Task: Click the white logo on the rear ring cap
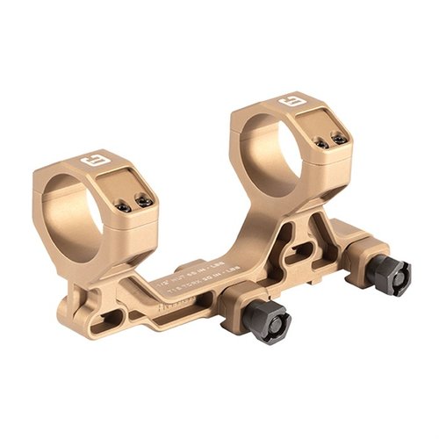pyautogui.click(x=290, y=104)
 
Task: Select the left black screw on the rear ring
pyautogui.click(x=321, y=143)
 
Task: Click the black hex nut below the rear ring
pyautogui.click(x=387, y=275)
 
